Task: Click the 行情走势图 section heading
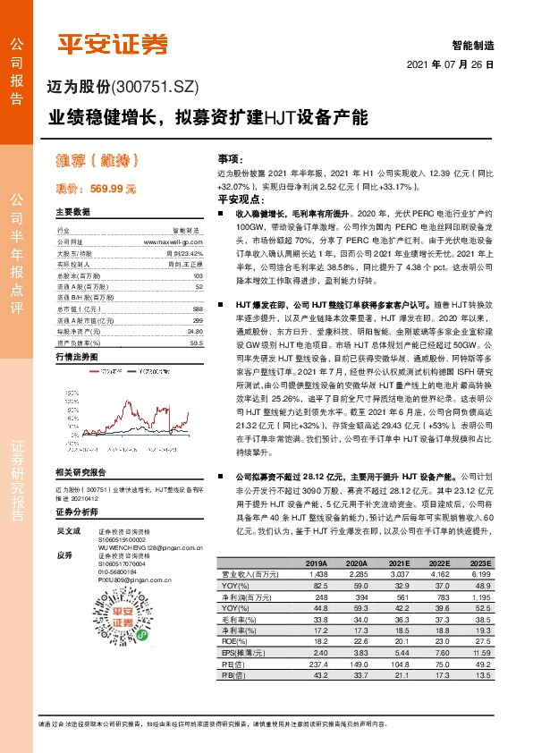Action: coord(80,355)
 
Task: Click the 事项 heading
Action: coord(230,157)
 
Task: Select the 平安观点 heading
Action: coord(235,199)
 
